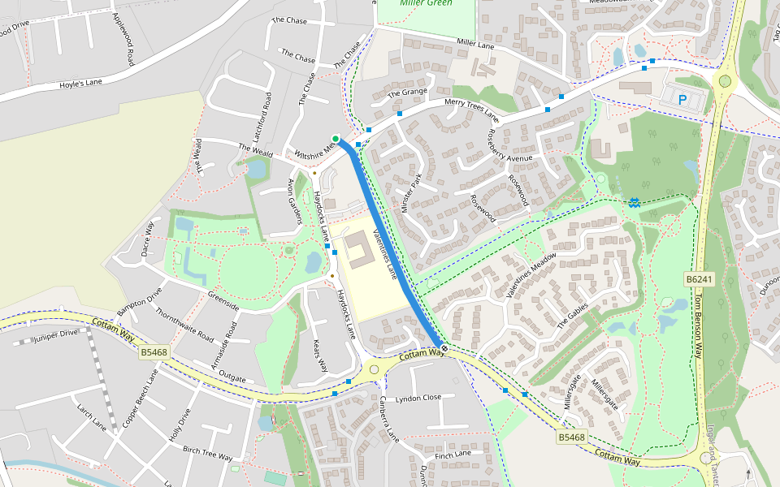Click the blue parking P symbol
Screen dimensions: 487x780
point(682,100)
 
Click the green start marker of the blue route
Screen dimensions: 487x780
point(335,139)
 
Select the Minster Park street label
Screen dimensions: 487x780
point(412,192)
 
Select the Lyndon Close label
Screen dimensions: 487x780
point(418,399)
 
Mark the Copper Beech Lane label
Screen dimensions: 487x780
point(139,398)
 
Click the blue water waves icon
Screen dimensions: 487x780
point(634,201)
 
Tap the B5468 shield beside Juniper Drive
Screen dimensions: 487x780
point(154,352)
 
